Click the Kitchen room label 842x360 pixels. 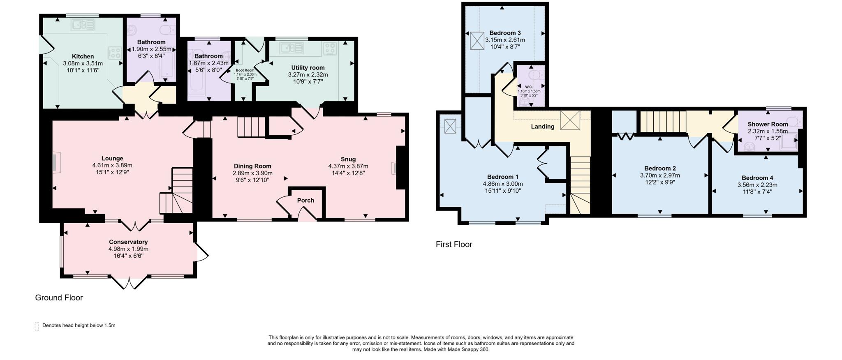pos(83,56)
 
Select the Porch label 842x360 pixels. pos(305,201)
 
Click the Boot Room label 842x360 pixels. pos(245,70)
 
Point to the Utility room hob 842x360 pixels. pos(330,48)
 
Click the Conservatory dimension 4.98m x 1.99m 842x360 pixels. pos(128,249)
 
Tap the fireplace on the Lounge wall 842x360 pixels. pos(56,161)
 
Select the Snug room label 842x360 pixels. pos(348,159)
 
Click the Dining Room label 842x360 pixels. pos(252,166)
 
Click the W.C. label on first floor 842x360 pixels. pos(529,87)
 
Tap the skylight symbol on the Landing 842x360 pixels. pos(570,120)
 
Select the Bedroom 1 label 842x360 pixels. pos(503,177)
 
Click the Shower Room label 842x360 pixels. pos(768,124)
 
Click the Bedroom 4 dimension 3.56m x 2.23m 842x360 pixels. pos(757,185)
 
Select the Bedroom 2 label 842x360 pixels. pos(660,168)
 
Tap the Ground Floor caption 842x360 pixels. pos(59,298)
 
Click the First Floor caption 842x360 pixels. pos(454,245)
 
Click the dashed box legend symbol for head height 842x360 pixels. pos(37,326)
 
